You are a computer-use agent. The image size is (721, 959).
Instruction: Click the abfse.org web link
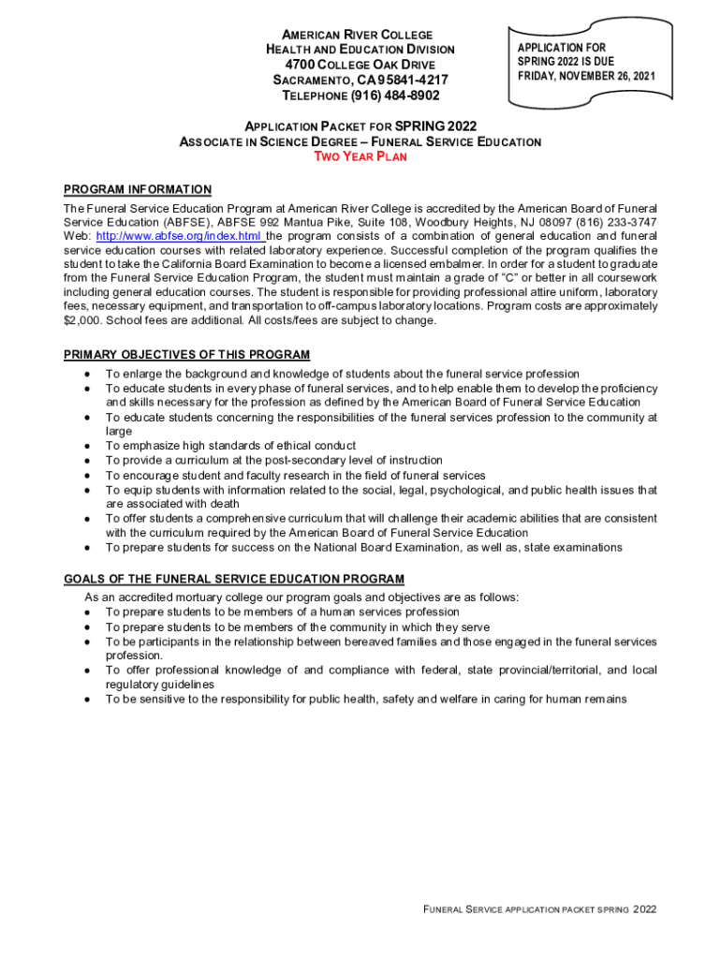(x=179, y=236)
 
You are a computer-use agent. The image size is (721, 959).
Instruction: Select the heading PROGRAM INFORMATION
(x=138, y=189)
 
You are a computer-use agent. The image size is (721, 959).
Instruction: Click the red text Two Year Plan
(x=360, y=157)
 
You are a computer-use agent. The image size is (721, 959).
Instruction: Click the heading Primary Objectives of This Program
(x=186, y=355)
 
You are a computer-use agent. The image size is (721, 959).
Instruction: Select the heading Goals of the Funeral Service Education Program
(x=234, y=580)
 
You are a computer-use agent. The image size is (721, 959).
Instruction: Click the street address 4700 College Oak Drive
(x=360, y=65)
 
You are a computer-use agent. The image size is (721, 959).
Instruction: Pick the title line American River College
(x=360, y=35)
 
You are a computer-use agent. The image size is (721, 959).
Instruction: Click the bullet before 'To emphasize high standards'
(x=86, y=447)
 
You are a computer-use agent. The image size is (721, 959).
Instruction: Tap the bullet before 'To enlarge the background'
(x=86, y=375)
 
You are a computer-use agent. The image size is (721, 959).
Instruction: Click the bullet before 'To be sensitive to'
(x=86, y=700)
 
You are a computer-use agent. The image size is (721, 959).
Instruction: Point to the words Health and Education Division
(x=360, y=50)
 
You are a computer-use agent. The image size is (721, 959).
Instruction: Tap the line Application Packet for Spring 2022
(x=360, y=126)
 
